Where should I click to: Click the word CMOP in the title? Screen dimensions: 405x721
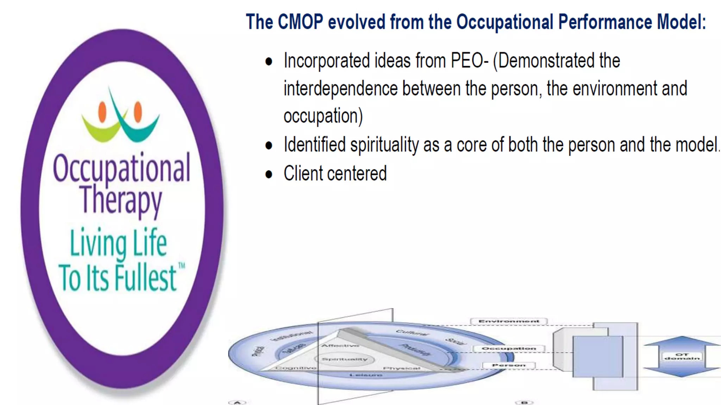tap(300, 22)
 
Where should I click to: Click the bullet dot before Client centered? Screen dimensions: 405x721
tap(269, 174)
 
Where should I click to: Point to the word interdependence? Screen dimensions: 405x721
tap(340, 89)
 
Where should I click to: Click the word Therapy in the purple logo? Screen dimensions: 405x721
tap(121, 200)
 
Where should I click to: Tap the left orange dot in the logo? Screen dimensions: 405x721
tap(102, 111)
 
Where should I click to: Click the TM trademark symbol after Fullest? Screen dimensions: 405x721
tap(182, 266)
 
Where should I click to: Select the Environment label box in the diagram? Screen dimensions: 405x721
tap(509, 321)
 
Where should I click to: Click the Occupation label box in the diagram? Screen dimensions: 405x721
tap(509, 348)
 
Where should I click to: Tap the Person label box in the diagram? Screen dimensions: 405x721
tap(509, 365)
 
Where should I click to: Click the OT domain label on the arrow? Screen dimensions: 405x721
tap(682, 356)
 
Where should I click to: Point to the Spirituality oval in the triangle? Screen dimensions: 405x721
tap(345, 359)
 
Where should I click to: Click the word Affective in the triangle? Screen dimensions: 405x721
tap(340, 346)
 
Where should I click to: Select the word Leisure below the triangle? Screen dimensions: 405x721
tap(366, 375)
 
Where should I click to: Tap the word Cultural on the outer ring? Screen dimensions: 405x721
tap(412, 333)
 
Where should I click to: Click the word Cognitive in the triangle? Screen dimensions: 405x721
tap(296, 368)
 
